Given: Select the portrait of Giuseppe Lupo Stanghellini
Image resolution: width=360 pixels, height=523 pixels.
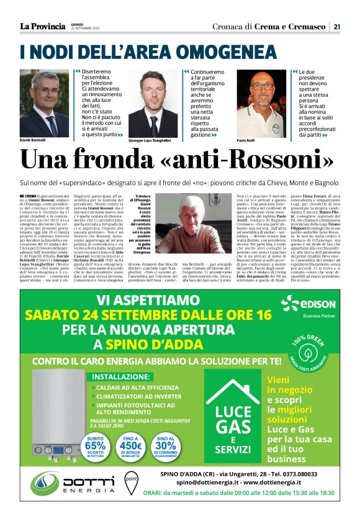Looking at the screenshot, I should [x=153, y=105].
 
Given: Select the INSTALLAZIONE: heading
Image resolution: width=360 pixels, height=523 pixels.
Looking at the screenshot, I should [x=125, y=376].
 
